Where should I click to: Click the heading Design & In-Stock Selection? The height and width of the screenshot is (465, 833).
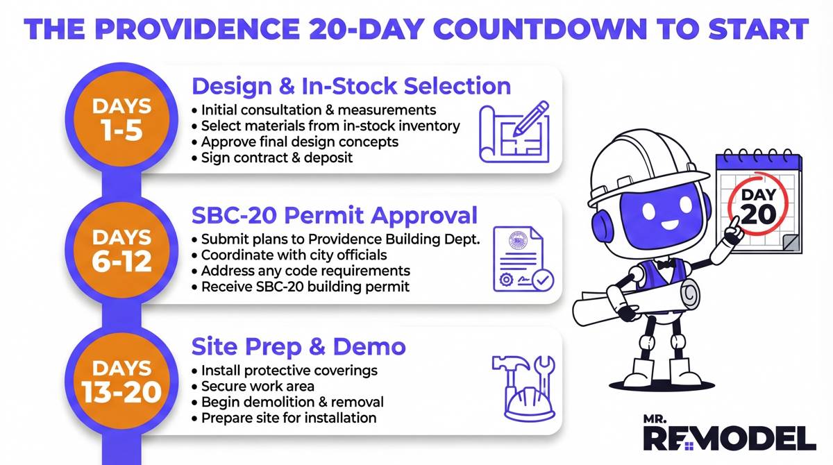(x=351, y=86)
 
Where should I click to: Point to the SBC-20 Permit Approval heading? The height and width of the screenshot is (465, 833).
(x=334, y=215)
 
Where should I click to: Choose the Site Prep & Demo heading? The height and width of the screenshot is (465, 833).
(x=298, y=346)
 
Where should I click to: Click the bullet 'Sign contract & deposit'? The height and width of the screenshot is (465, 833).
(x=276, y=158)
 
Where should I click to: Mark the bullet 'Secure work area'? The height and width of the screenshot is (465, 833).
(x=258, y=386)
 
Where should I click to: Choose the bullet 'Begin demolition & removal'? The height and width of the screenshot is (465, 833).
(x=292, y=402)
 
